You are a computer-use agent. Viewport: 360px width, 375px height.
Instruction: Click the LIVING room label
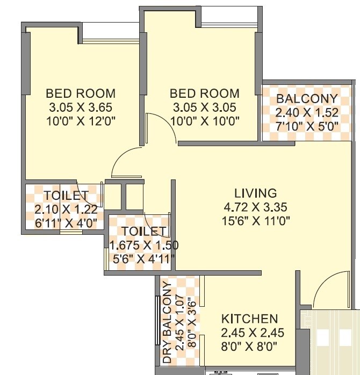click(x=255, y=193)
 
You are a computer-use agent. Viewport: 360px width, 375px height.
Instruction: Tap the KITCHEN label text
click(x=249, y=319)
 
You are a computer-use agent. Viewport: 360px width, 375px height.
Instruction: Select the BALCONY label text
click(x=307, y=99)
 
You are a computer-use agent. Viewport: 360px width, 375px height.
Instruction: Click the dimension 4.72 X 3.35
click(x=255, y=207)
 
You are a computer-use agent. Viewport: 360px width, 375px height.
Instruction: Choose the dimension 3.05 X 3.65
click(x=80, y=107)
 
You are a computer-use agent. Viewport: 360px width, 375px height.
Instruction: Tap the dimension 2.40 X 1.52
click(x=307, y=112)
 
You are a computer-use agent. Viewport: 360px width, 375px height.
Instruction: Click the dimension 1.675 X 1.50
click(x=143, y=245)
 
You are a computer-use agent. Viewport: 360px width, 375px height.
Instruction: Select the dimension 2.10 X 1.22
click(x=66, y=209)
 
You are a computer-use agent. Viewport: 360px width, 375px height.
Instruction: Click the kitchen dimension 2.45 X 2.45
click(x=249, y=332)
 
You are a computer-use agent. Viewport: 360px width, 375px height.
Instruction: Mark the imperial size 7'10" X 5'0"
click(x=307, y=126)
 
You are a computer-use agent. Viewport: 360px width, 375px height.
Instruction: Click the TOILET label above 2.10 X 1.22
click(x=66, y=195)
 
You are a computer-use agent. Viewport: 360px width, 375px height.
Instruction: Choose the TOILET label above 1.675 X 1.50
click(x=143, y=231)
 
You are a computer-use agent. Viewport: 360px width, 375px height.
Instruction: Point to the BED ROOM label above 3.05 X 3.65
click(x=80, y=92)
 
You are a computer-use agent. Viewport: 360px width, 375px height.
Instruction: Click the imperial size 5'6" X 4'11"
click(x=143, y=258)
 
